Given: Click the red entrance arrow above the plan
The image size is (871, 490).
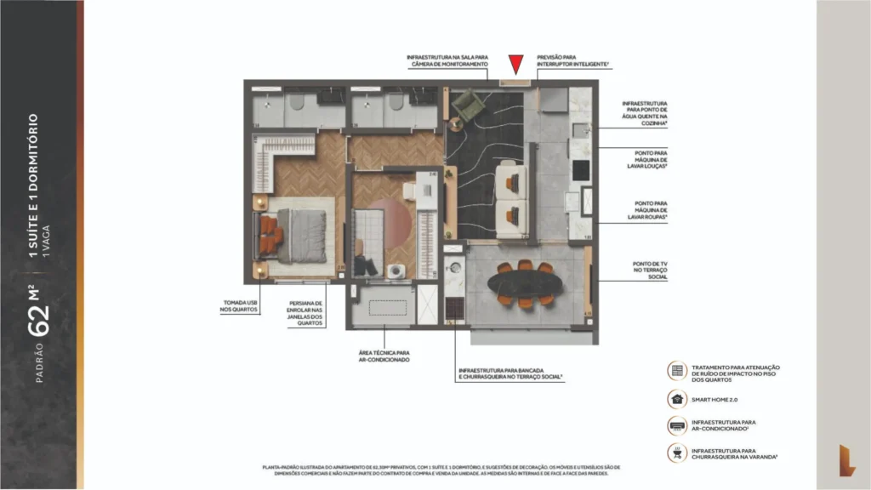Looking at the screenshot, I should [515, 65].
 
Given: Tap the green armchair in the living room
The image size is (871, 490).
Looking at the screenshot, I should [467, 105].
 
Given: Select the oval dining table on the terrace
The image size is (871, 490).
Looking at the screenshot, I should [525, 284].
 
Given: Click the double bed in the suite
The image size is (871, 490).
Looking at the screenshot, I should [293, 234].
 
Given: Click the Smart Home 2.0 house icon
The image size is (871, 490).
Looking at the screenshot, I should [677, 397].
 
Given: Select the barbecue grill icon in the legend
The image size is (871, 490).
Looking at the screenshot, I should [677, 453].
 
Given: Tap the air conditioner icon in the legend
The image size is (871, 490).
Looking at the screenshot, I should [677, 425].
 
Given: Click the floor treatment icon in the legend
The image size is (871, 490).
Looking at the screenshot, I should [677, 370].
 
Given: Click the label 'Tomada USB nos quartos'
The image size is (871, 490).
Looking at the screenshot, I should [236, 306].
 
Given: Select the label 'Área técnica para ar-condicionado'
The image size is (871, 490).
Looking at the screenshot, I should [384, 356].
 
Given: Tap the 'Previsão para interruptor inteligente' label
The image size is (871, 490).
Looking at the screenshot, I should [572, 61].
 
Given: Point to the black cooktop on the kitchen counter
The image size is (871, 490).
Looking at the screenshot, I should [580, 170].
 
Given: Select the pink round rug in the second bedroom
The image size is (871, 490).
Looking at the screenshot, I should [394, 220].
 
